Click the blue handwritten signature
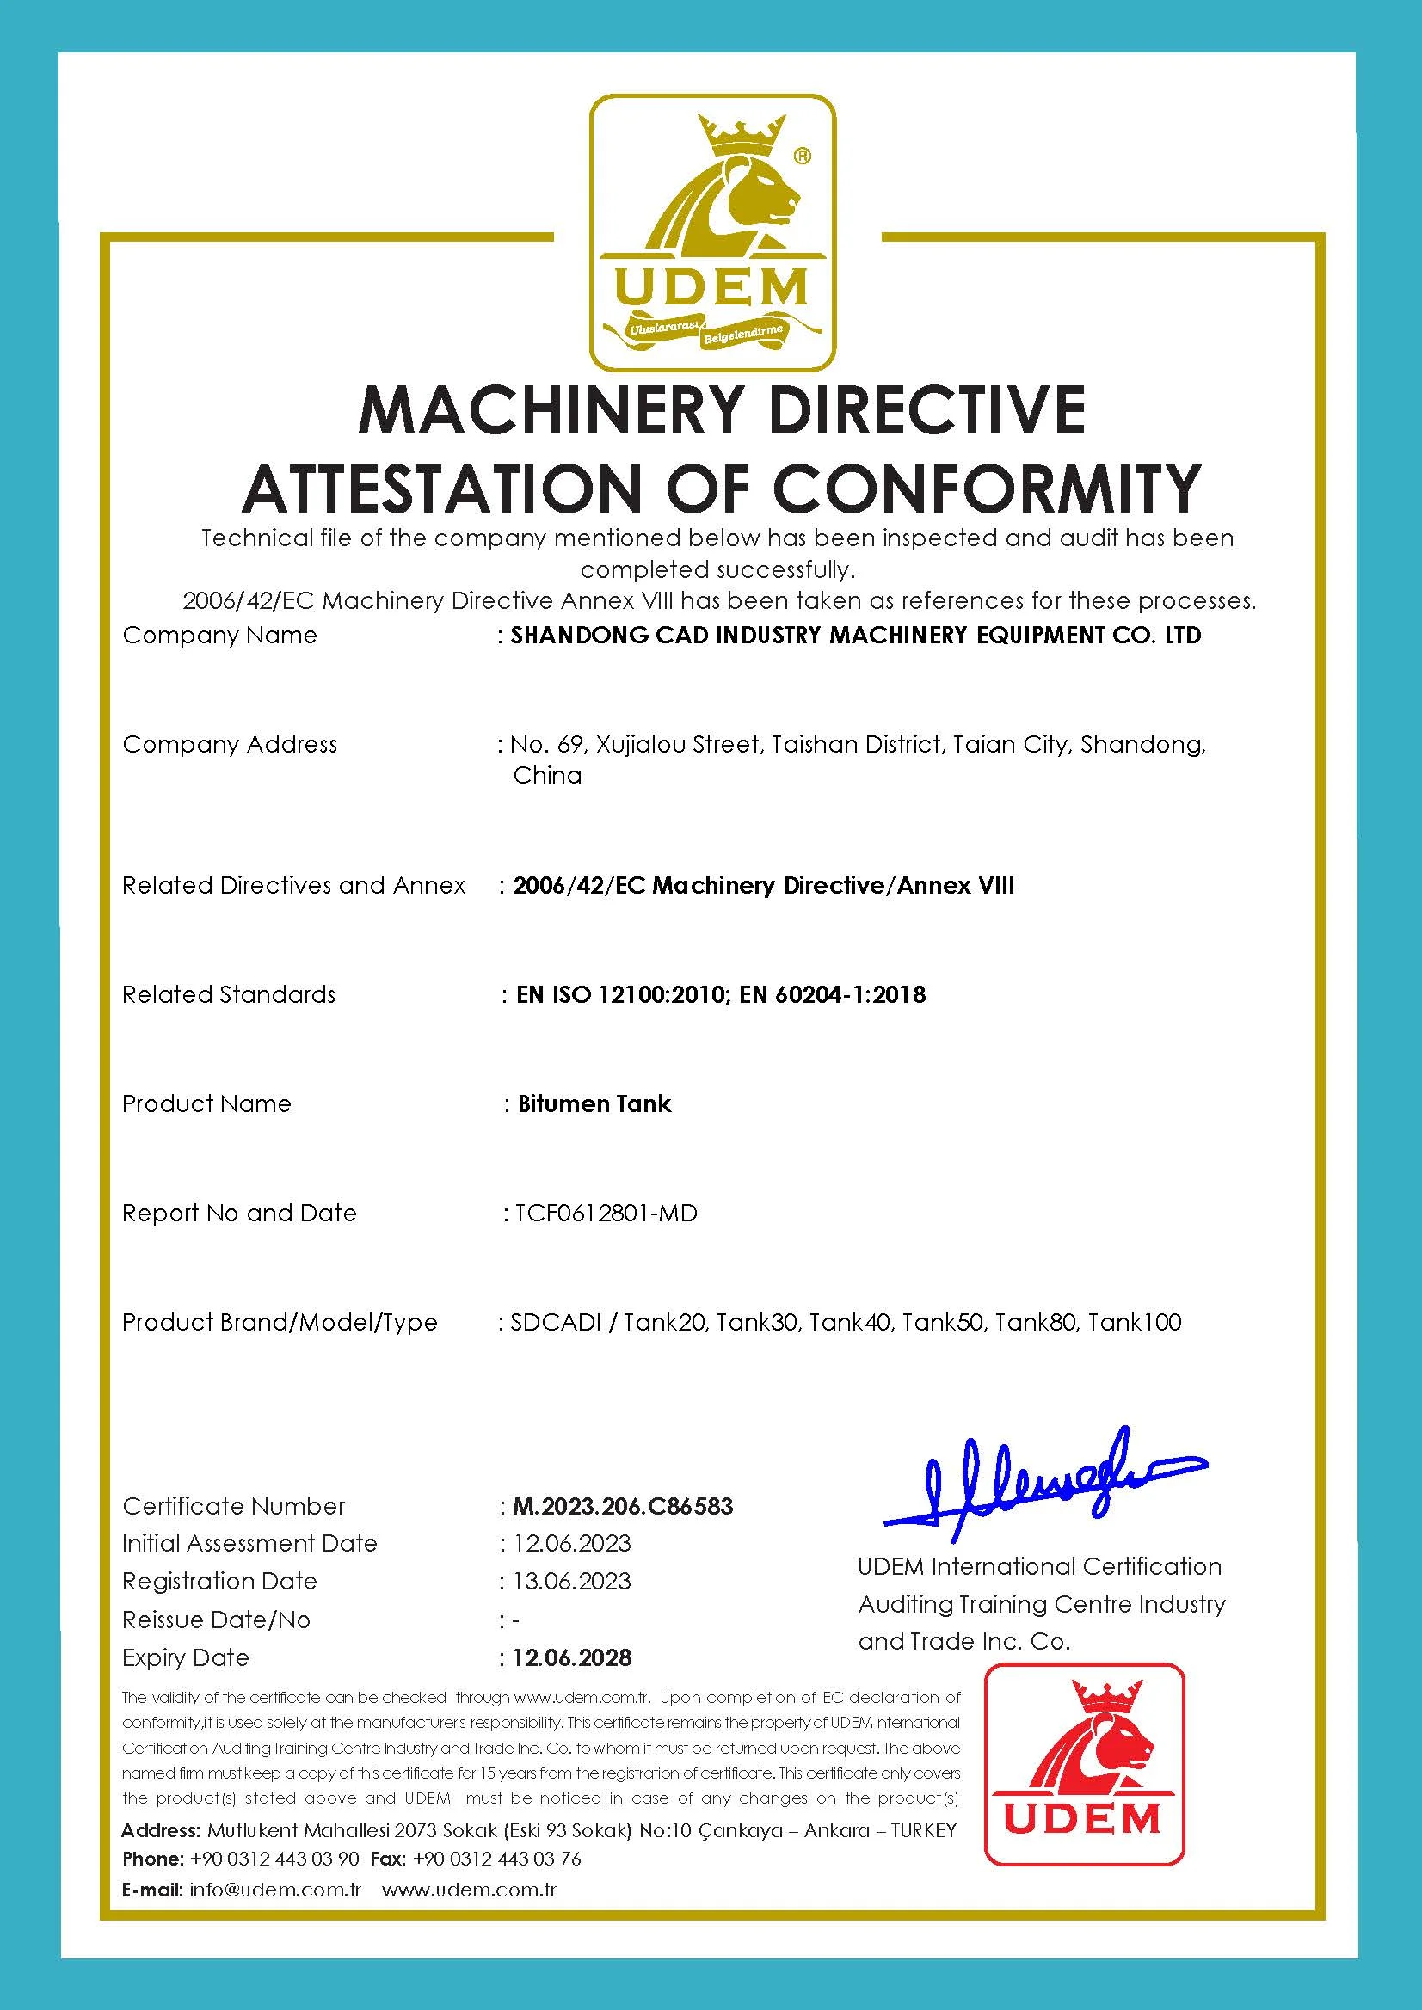pos(1042,1478)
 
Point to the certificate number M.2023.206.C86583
pos(623,1506)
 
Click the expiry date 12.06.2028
pos(572,1657)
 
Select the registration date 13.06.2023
pos(572,1581)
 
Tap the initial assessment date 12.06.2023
pos(572,1542)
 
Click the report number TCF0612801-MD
pos(606,1213)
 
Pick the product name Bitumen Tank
pos(594,1103)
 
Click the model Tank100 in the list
pos(1135,1322)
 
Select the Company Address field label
pos(230,744)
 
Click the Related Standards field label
pos(229,994)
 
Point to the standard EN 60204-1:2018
pos(833,994)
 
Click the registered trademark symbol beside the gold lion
pos(801,157)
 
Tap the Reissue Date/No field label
pos(216,1620)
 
